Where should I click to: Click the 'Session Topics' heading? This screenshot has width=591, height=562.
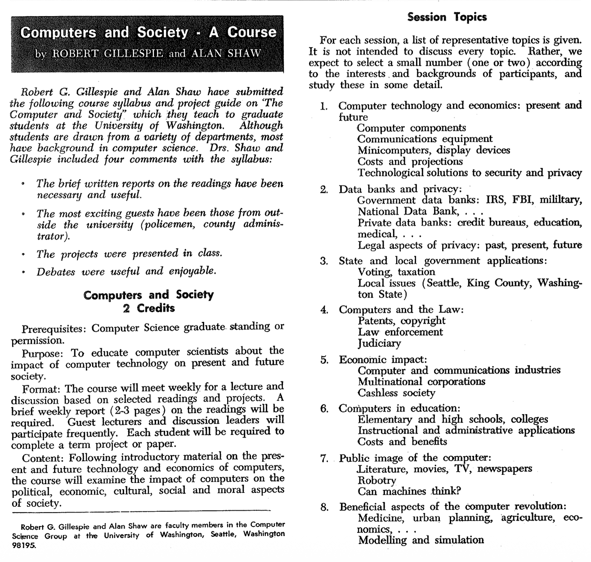pos(447,18)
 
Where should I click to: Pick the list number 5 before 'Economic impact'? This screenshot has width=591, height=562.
pos(324,360)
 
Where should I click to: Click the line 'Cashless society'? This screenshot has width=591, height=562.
pos(396,393)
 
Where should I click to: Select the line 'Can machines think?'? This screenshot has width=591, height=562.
pos(409,491)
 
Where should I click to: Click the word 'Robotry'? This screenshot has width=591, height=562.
pos(377,480)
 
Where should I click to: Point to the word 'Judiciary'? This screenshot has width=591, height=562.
pos(379,343)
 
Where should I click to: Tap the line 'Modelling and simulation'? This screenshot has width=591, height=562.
pos(421,540)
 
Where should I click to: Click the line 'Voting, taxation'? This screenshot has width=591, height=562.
pos(396,272)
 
